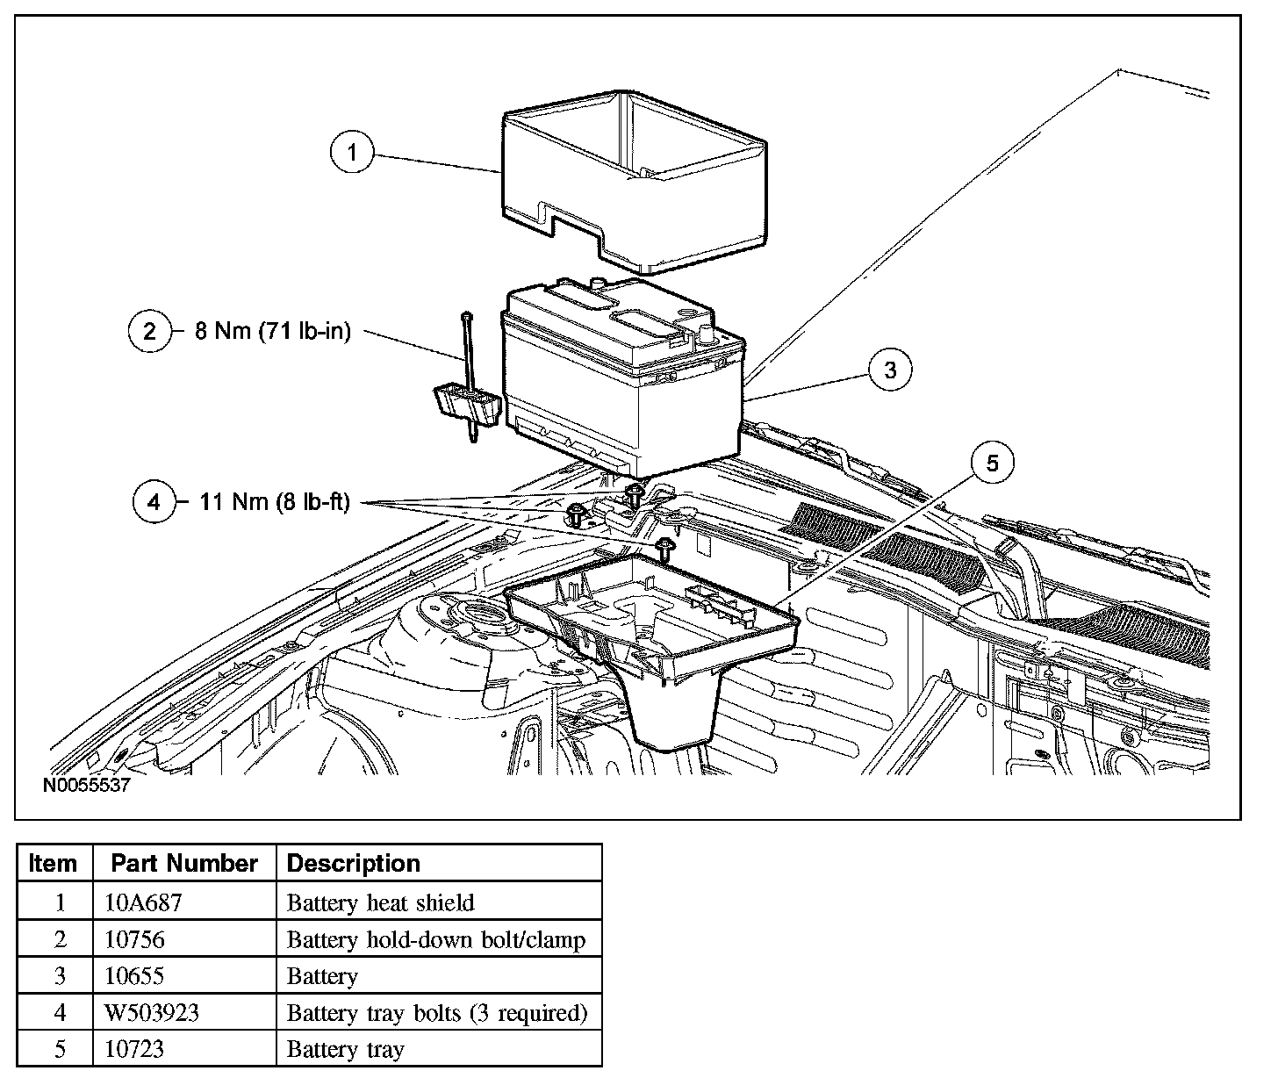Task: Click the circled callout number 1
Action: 353,153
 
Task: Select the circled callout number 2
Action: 150,332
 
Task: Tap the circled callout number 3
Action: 891,370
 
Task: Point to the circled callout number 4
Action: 154,502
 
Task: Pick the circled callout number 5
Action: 992,463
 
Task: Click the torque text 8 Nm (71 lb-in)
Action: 272,332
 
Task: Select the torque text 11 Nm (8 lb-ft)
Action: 275,502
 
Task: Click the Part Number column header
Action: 184,863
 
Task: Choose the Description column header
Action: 354,863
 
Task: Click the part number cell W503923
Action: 151,1012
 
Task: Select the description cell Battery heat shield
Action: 380,902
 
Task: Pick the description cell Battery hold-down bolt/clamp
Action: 435,939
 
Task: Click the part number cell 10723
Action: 133,1049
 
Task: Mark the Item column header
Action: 53,863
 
